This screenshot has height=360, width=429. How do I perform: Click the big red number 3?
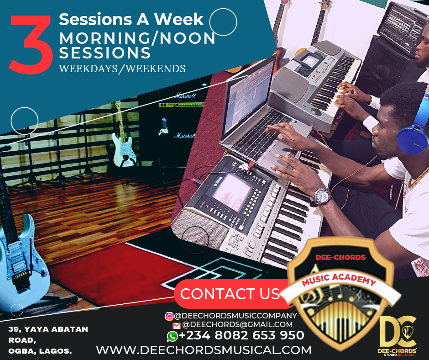(31, 45)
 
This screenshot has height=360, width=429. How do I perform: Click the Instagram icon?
(169, 316)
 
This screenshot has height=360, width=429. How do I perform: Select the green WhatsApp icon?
(172, 336)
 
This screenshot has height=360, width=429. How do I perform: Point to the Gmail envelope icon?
(177, 325)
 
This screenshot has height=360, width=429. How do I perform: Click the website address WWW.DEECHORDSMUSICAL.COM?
(204, 350)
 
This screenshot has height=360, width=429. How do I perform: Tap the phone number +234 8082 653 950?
(241, 335)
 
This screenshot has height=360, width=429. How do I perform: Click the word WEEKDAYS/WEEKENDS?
(122, 69)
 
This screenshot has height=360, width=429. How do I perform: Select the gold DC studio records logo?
(398, 336)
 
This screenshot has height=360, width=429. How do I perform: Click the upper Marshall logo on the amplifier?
(185, 95)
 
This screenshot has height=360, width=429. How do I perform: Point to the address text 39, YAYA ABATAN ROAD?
(48, 334)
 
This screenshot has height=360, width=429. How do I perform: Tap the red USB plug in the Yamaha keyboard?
(251, 166)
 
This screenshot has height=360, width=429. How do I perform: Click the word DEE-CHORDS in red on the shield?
(340, 257)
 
